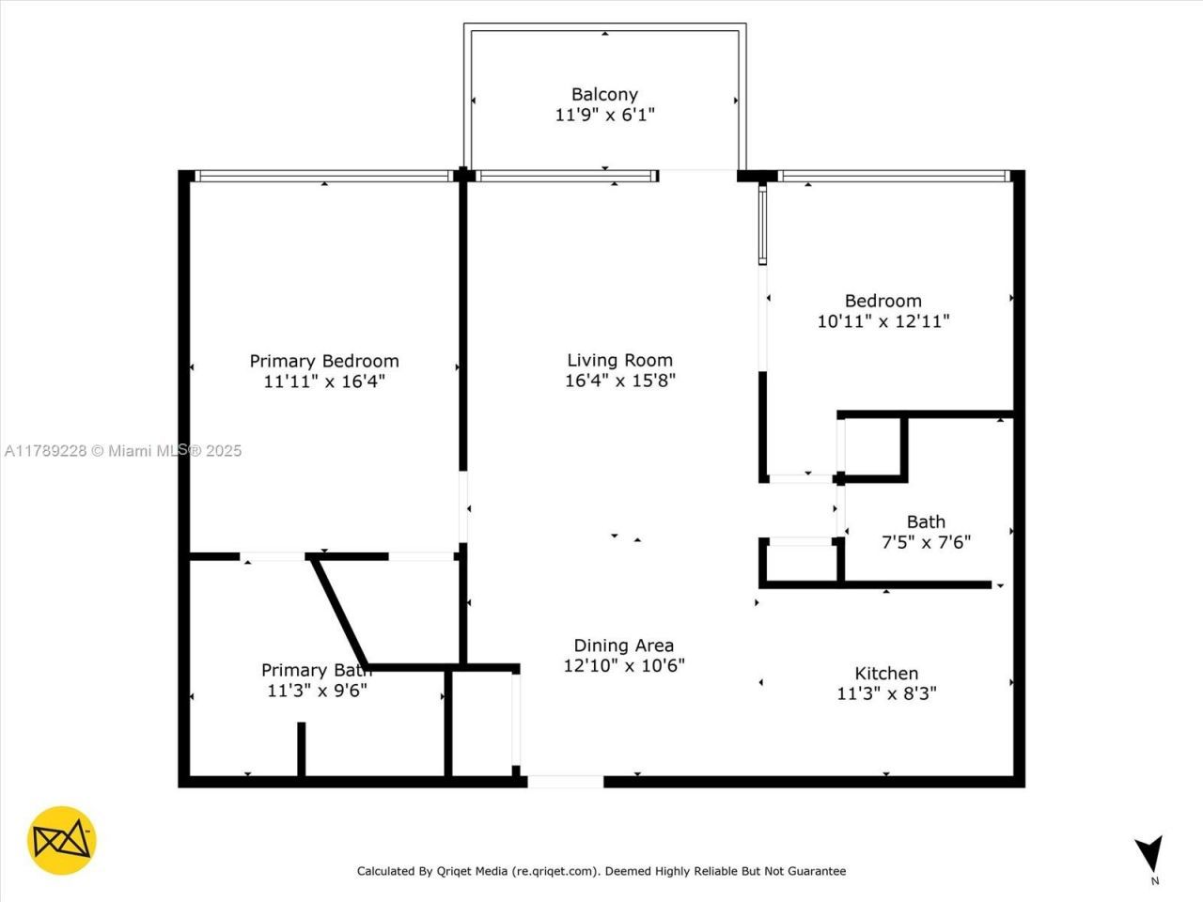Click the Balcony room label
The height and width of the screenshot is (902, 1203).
pos(604,94)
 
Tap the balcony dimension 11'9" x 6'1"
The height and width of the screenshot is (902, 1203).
pos(604,115)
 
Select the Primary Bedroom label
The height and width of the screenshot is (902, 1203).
pos(324,361)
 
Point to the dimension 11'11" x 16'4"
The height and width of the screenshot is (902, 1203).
pos(324,381)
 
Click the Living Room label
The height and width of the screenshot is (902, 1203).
pos(619,360)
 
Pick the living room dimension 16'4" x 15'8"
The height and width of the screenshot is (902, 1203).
pos(619,381)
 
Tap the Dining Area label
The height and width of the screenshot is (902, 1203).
pos(623,645)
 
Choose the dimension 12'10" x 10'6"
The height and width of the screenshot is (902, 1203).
pos(623,665)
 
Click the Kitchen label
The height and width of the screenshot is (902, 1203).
pos(886,673)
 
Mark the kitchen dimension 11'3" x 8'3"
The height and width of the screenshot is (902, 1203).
pos(886,693)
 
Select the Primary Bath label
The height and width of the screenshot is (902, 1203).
pos(316,670)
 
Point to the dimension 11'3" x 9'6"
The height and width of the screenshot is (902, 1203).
pos(317,691)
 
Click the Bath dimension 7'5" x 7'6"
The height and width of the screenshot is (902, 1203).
pos(926,542)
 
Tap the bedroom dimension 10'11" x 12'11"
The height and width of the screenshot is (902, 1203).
pos(883,321)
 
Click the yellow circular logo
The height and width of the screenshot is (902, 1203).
pos(62,840)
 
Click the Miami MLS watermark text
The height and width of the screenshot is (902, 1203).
pos(123,451)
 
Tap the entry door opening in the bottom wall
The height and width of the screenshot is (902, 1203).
pos(565,781)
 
